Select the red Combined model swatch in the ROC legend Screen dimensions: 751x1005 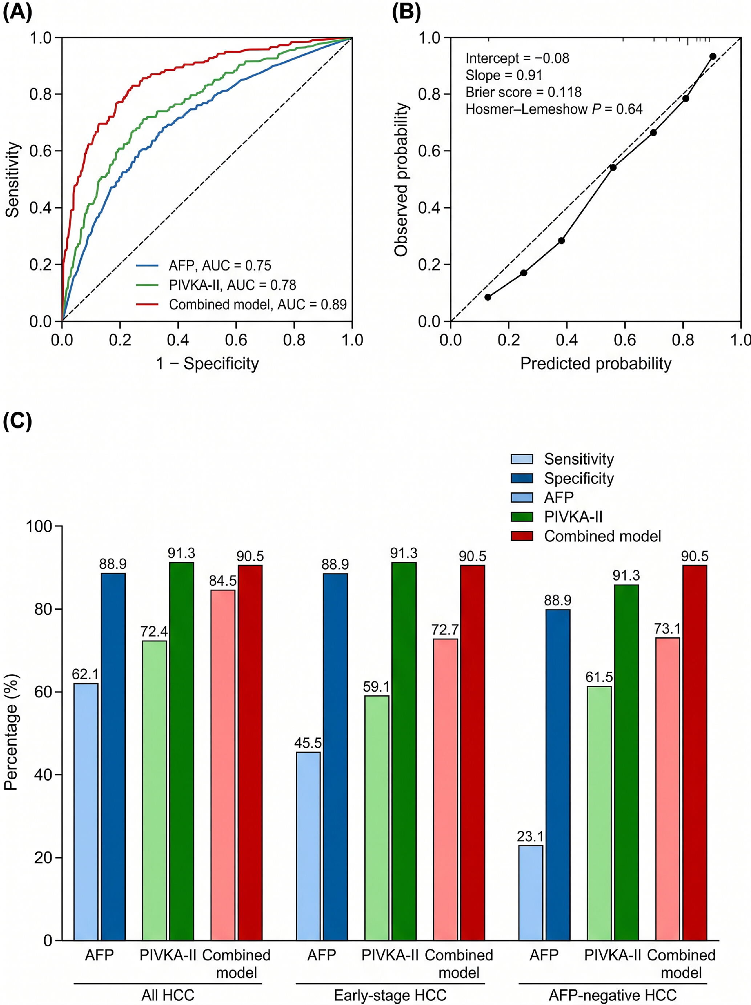[x=147, y=304]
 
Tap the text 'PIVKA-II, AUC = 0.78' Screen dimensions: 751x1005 [x=232, y=285]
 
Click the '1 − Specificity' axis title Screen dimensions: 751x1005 [x=207, y=363]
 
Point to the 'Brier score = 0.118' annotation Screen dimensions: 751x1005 [x=523, y=92]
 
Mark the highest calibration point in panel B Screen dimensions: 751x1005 [x=713, y=56]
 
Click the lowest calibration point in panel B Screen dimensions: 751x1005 [x=488, y=297]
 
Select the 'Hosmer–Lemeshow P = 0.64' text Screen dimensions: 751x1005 [x=554, y=109]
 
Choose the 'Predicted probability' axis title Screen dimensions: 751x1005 [x=595, y=363]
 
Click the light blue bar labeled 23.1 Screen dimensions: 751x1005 [x=530, y=893]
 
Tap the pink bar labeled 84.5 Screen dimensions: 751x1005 [x=223, y=766]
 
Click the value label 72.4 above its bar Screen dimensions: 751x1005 [x=154, y=631]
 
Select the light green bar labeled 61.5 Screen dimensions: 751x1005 [x=599, y=813]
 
